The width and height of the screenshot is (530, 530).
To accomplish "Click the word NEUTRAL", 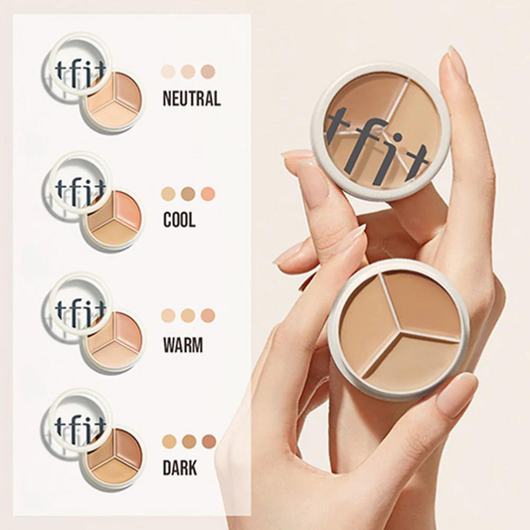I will [191, 99].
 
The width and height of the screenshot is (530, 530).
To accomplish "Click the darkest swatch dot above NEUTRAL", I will [207, 72].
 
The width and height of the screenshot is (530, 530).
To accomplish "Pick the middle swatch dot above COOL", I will [188, 194].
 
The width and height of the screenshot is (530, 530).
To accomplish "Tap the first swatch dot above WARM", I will [168, 315].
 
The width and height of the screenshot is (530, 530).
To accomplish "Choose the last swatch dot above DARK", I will [209, 441].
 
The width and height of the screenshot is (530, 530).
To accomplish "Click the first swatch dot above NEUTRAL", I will [168, 72].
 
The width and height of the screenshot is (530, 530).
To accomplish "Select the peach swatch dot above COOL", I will [207, 194].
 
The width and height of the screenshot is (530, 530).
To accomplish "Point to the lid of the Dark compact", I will [76, 419].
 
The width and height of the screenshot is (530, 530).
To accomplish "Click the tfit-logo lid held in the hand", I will [382, 131].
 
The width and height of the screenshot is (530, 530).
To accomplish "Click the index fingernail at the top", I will [456, 64].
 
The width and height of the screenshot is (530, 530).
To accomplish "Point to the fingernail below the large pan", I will [456, 395].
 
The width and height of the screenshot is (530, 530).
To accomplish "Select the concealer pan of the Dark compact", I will [111, 458].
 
